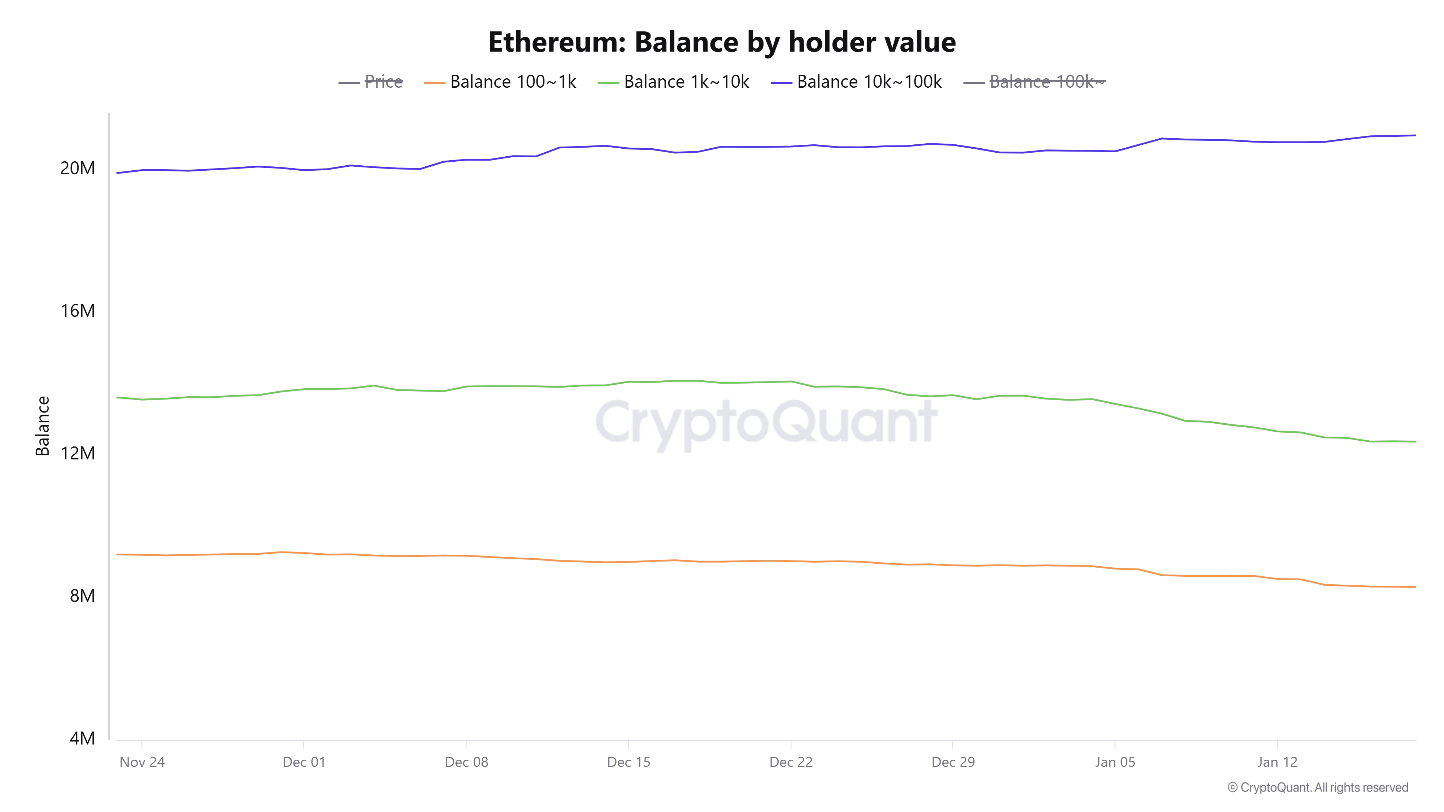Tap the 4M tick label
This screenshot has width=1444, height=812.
point(82,738)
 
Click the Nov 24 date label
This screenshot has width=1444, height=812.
point(142,762)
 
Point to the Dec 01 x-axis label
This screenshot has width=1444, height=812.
point(304,762)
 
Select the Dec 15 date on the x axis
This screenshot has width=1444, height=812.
point(629,762)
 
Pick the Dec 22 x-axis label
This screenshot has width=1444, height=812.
point(790,762)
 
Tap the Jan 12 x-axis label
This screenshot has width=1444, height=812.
point(1277,762)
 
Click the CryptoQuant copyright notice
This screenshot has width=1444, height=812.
point(1317,787)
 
